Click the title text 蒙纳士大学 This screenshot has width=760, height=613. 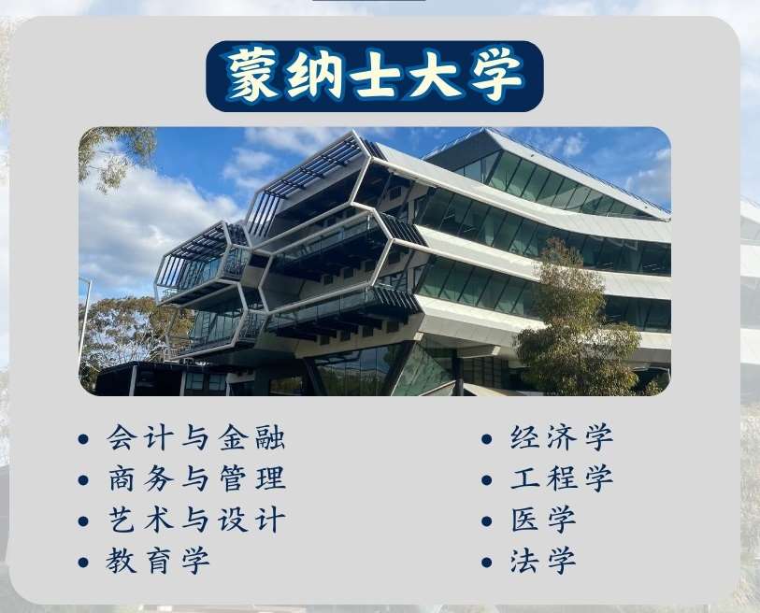(x=375, y=74)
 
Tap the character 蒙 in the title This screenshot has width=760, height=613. (x=252, y=74)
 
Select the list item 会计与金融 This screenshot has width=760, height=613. (x=196, y=437)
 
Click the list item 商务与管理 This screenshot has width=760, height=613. (x=196, y=478)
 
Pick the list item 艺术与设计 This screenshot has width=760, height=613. (x=196, y=520)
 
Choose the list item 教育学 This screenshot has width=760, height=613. (x=158, y=561)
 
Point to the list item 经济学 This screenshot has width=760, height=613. (x=562, y=437)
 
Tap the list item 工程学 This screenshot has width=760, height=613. (x=562, y=478)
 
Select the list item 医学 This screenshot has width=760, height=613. (x=543, y=520)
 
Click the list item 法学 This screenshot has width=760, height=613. (x=543, y=561)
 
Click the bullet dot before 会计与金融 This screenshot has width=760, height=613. (x=83, y=439)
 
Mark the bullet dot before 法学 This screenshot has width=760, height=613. (x=487, y=563)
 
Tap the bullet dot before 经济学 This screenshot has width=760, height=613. (x=487, y=439)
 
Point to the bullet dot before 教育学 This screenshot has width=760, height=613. (x=83, y=563)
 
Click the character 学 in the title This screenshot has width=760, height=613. (x=498, y=74)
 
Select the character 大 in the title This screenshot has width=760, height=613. (x=436, y=74)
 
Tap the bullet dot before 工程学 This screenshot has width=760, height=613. (x=487, y=480)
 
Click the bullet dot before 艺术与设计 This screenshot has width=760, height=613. (x=83, y=521)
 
